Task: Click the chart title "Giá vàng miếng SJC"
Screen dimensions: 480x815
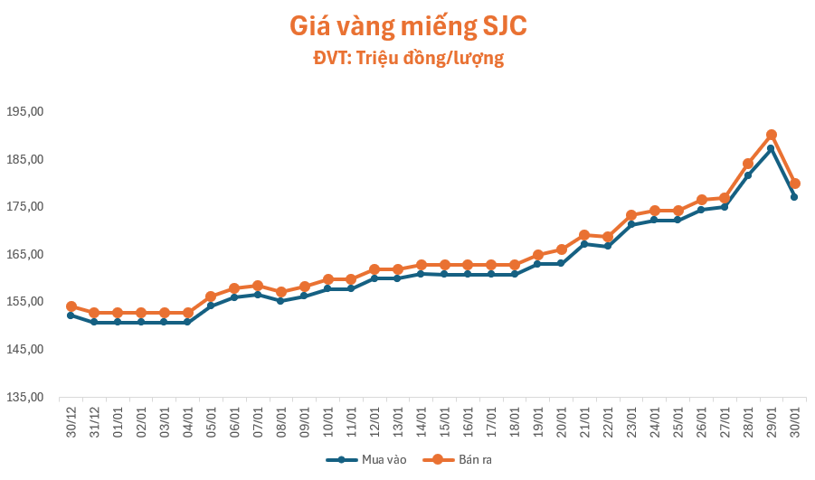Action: pos(407,26)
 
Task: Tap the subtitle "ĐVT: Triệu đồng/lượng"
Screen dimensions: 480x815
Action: pos(407,59)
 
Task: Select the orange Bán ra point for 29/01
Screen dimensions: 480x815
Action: pos(772,135)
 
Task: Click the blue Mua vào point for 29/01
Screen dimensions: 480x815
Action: pos(772,148)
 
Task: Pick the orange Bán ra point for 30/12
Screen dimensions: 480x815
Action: pos(71,306)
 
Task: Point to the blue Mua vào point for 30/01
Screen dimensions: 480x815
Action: pos(794,196)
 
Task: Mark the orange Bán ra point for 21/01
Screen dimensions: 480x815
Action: pos(584,235)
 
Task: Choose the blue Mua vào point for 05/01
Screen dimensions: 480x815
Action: pos(211,306)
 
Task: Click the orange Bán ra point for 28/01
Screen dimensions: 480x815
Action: pos(748,164)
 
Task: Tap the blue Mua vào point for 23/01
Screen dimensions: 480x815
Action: pos(631,224)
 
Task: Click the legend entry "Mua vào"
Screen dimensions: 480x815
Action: pos(365,459)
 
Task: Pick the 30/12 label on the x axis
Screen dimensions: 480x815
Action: pos(71,420)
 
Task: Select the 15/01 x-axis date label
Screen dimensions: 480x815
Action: pos(444,420)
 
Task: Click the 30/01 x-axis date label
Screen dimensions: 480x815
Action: pos(794,420)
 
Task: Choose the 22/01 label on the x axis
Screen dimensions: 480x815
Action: pos(608,420)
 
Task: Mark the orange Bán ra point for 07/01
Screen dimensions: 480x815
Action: pos(257,286)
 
